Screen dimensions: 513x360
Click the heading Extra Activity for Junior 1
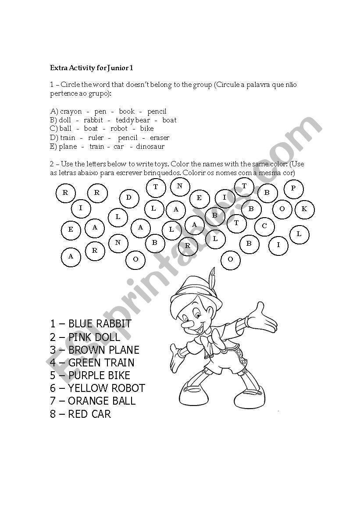pos(92,68)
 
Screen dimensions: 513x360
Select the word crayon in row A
pos(71,111)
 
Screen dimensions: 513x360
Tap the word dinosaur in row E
pos(150,147)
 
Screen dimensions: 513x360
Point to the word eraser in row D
pos(159,138)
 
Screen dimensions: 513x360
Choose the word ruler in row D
pos(96,138)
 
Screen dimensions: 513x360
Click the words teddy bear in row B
pos(133,120)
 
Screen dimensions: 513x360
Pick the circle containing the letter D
pos(128,197)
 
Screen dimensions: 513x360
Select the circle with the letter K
pos(304,209)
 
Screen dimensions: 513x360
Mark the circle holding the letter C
pos(264,226)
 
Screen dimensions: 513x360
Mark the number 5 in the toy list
pos(53,376)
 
